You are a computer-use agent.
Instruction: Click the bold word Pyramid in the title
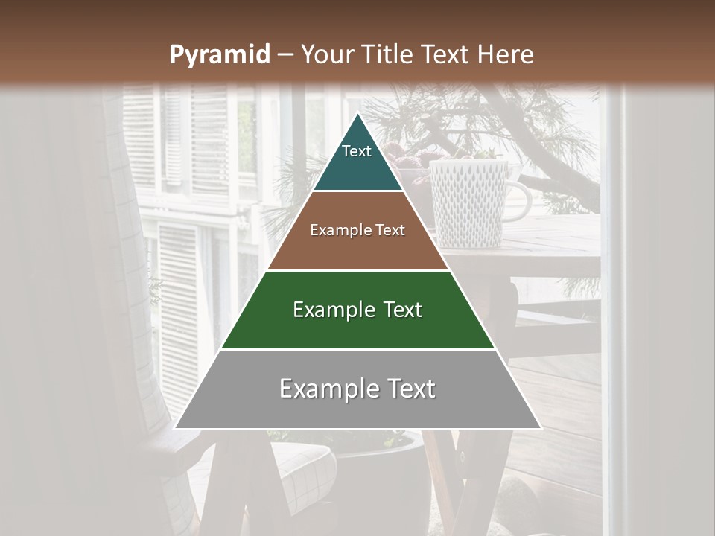(x=220, y=54)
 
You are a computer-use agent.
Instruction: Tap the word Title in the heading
(x=391, y=54)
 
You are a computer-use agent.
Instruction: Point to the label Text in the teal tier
(x=357, y=151)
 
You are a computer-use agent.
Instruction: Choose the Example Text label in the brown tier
(x=357, y=230)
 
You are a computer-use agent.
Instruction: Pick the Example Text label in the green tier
(x=357, y=310)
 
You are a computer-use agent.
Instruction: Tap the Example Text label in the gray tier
(x=357, y=389)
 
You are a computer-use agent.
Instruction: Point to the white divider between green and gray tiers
(x=357, y=349)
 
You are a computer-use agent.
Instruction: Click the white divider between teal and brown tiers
(x=357, y=191)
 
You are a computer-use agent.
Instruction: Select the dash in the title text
(x=285, y=55)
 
